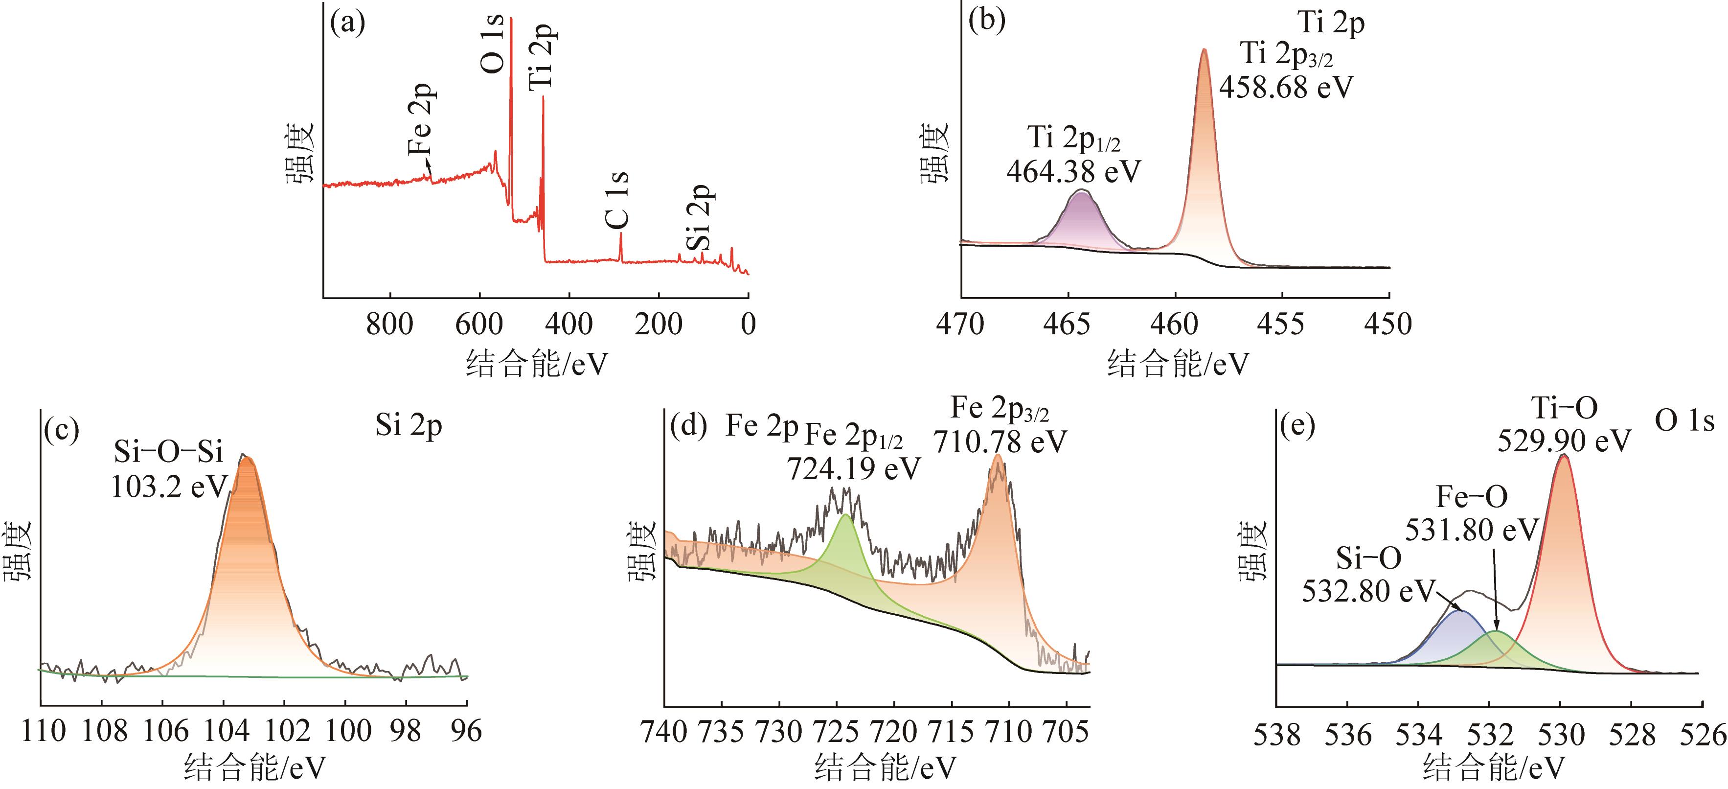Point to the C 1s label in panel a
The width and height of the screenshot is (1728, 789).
point(618,200)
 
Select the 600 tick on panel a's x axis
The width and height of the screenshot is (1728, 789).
point(479,325)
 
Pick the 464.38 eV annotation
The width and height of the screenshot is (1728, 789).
point(1073,172)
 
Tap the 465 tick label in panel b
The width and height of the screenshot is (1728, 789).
point(1067,325)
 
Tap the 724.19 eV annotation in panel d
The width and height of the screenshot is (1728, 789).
point(854,469)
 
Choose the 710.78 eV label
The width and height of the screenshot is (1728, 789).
point(1000,442)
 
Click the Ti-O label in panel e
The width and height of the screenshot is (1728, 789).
point(1564,408)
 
